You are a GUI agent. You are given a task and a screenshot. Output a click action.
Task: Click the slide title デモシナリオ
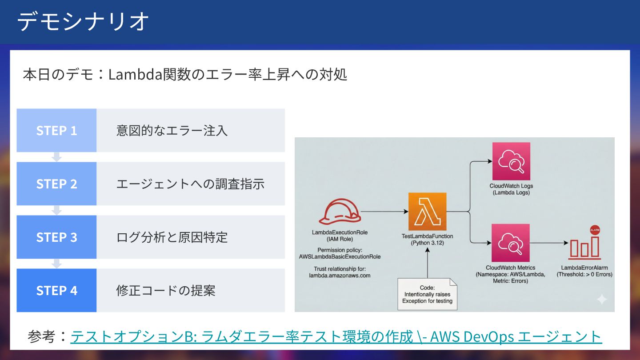83,21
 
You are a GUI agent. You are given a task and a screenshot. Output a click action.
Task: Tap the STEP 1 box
56,130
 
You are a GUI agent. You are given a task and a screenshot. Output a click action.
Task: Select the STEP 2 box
56,184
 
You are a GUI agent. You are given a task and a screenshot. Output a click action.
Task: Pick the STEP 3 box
56,237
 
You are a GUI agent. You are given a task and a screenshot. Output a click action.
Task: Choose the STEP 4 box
56,290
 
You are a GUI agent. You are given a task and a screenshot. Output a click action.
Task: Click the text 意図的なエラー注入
172,131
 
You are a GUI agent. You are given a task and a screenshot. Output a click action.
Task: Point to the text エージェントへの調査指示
190,184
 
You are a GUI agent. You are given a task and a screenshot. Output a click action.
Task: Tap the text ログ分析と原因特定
172,237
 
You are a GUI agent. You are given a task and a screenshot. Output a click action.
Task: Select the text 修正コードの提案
166,291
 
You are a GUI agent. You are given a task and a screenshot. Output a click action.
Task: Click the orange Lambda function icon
427,212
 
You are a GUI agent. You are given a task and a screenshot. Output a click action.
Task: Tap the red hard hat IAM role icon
340,212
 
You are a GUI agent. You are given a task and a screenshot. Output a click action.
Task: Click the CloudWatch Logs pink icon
511,161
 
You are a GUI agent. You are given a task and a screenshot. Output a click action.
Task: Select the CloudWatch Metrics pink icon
511,243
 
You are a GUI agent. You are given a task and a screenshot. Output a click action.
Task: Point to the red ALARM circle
595,230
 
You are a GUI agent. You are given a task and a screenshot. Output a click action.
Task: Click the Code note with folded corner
427,294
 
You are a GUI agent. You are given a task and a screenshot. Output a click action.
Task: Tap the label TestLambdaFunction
427,236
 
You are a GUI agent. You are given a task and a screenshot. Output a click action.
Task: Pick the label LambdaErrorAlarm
584,268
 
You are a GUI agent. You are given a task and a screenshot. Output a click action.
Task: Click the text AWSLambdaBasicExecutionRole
340,256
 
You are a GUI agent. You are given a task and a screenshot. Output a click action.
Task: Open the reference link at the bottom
336,336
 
